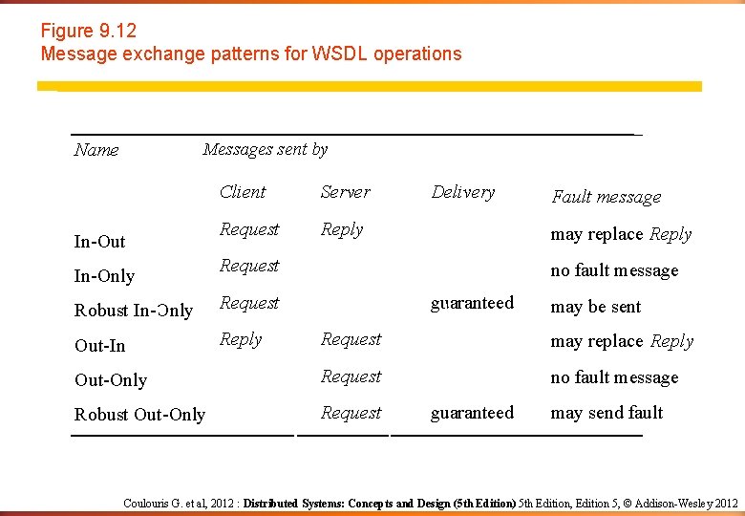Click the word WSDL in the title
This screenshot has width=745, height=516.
(x=340, y=54)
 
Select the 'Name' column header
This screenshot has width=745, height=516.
(x=96, y=150)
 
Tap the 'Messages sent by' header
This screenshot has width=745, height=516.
(x=265, y=149)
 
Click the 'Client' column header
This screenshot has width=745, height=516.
(x=243, y=192)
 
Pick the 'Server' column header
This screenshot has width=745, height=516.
(x=345, y=192)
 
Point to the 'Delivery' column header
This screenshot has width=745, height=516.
(x=463, y=192)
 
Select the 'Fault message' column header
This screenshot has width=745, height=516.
(x=607, y=197)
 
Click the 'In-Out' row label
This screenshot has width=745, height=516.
(x=100, y=242)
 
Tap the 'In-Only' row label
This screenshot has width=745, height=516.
(x=104, y=276)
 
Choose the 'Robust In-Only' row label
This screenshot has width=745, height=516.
(x=134, y=311)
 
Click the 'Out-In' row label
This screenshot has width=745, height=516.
(x=100, y=346)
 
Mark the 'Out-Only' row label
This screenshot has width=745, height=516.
(x=111, y=380)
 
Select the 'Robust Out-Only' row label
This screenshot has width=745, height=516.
(x=139, y=415)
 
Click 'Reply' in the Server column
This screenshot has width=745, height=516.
(x=342, y=229)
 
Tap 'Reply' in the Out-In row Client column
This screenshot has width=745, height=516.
(x=241, y=339)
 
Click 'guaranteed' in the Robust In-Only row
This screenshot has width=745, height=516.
(x=472, y=303)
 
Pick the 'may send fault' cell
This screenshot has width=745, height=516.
(x=607, y=413)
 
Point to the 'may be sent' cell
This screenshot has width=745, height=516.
(x=596, y=307)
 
